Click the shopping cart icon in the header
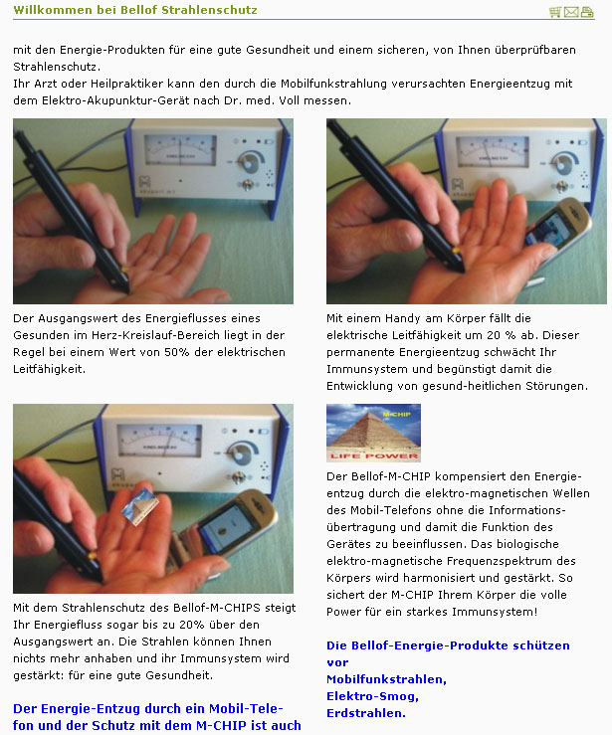[555, 12]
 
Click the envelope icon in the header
[571, 12]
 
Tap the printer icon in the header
[587, 12]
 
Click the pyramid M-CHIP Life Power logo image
[373, 433]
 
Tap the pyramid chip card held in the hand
[140, 506]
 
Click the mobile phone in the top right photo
[556, 226]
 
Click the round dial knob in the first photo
[248, 163]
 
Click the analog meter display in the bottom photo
[159, 441]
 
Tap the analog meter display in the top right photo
[493, 151]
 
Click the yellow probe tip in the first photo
[124, 270]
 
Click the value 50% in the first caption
[177, 352]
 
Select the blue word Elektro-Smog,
[372, 696]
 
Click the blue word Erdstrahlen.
[366, 713]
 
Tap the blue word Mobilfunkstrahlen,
[386, 679]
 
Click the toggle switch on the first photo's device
[247, 184]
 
